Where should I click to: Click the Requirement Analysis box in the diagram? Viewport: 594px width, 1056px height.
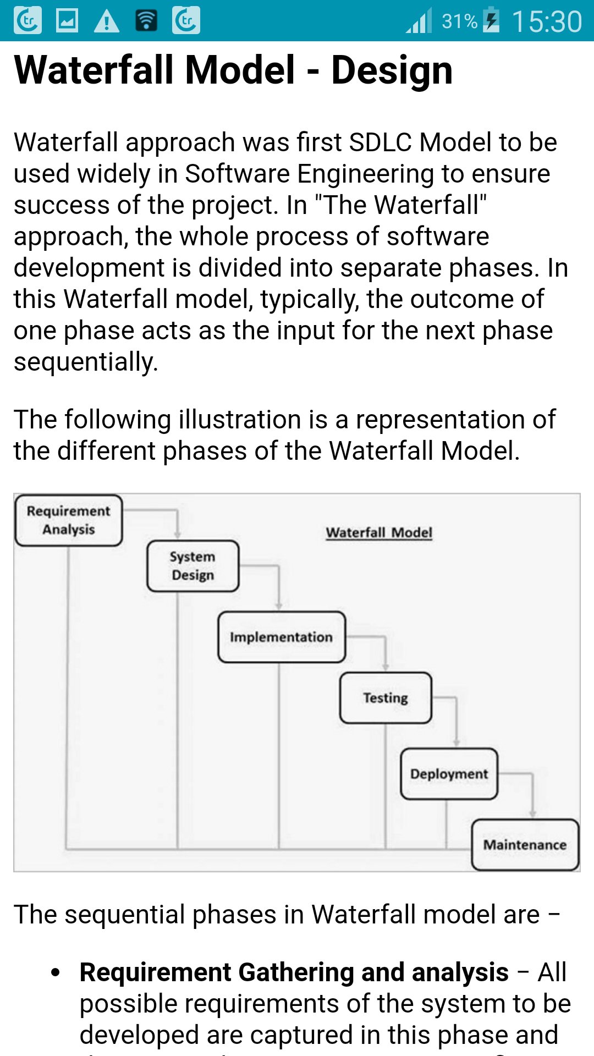(69, 520)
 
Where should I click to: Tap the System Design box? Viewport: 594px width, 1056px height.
(193, 566)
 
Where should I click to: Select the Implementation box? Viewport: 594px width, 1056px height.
(281, 637)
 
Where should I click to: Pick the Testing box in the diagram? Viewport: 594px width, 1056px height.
(386, 697)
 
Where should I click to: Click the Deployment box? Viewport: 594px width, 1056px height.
(449, 774)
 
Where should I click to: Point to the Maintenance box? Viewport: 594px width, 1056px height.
(525, 845)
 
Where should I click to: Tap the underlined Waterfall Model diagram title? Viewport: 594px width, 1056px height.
(379, 532)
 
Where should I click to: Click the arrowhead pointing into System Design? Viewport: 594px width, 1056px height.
(177, 535)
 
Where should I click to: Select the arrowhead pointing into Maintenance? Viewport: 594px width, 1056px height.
(532, 813)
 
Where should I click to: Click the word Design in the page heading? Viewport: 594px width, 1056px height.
(392, 70)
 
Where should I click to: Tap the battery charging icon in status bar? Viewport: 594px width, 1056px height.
(491, 20)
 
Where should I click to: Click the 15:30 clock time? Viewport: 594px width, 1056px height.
(547, 21)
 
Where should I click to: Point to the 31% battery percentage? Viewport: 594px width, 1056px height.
(459, 21)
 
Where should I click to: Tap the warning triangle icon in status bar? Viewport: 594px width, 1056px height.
(107, 21)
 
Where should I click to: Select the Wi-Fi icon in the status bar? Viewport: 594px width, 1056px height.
(146, 21)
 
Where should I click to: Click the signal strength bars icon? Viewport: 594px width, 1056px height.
(419, 21)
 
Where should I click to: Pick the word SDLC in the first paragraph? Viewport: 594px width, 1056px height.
(381, 142)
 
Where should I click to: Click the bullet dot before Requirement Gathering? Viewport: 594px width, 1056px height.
(55, 972)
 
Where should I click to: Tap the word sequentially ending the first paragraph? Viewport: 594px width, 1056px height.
(86, 362)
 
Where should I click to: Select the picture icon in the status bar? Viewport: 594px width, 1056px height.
(67, 21)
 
